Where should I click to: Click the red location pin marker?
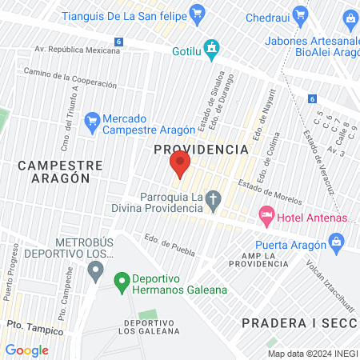point(179,166)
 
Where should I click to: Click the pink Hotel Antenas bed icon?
point(265,216)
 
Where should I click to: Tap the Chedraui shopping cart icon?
point(300,14)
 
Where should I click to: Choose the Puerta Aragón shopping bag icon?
point(336,241)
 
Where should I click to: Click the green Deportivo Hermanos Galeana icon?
point(122,281)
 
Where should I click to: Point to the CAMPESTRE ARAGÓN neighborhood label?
point(60,172)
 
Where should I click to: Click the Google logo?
point(26,350)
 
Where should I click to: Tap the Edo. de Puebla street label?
point(170,243)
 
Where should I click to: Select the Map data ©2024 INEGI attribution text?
point(313,354)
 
